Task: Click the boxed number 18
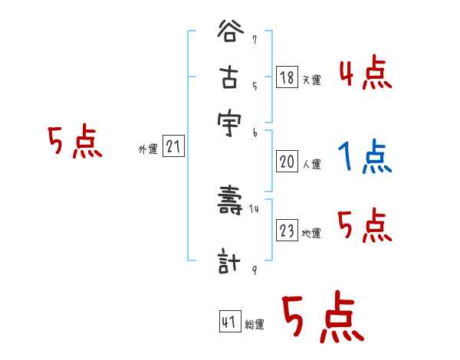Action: [287, 77]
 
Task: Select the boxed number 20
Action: [287, 162]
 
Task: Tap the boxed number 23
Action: [287, 231]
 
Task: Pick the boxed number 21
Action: [172, 147]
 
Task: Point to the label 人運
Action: [311, 164]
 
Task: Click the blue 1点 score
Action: [364, 158]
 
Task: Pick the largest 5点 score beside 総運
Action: [322, 318]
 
